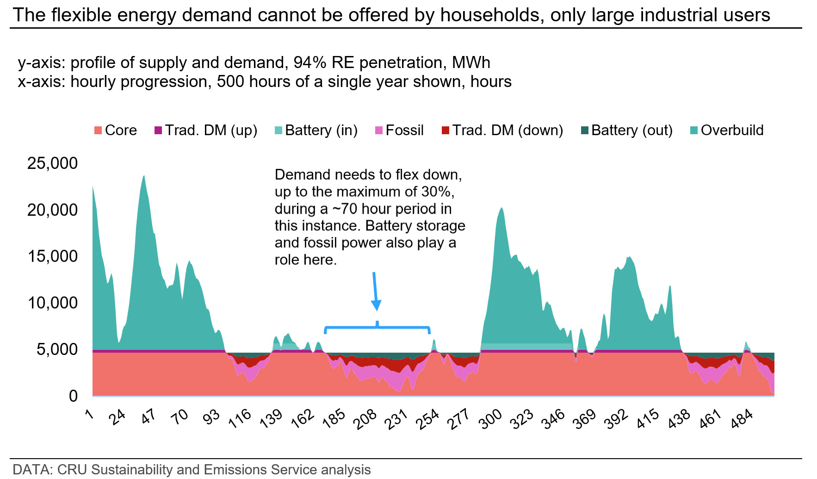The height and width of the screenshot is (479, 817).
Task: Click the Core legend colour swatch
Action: click(98, 131)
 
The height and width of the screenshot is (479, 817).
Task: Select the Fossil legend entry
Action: click(399, 131)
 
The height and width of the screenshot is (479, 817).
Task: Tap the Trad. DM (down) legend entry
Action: click(502, 131)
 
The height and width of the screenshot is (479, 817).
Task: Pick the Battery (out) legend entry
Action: click(627, 131)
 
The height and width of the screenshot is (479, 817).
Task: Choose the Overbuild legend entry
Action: click(727, 131)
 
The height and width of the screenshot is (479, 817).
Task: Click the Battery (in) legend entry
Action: click(316, 131)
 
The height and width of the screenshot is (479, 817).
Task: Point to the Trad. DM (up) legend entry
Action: click(206, 131)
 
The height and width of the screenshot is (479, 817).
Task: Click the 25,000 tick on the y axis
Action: click(53, 163)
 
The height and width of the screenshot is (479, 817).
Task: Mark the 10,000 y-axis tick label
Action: click(53, 303)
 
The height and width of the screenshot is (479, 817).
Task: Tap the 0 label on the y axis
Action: click(74, 396)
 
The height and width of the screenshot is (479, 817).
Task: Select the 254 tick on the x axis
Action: click(428, 419)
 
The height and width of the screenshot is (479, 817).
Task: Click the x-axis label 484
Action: click(742, 419)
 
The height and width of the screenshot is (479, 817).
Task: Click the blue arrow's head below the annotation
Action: click(376, 305)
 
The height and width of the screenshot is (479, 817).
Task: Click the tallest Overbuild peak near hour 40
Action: click(144, 175)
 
